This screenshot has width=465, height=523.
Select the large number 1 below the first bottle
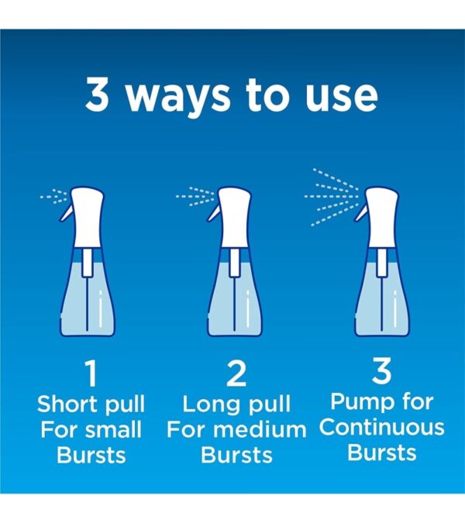click(91, 374)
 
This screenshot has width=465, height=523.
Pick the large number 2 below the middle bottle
click(236, 374)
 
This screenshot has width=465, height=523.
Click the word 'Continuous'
click(381, 427)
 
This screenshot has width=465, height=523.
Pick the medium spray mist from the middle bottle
click(194, 195)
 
